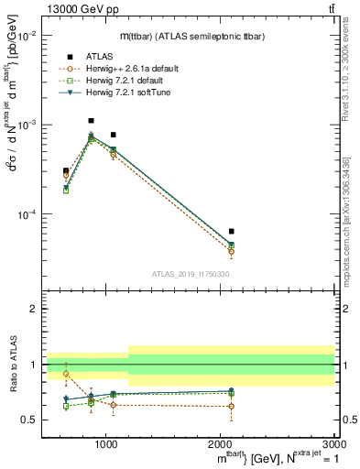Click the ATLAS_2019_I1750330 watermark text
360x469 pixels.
[190, 274]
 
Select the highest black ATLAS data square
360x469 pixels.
[91, 120]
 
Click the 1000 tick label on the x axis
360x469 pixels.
[106, 445]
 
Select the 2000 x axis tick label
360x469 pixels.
[221, 445]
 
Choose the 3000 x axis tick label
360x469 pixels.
[333, 445]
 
